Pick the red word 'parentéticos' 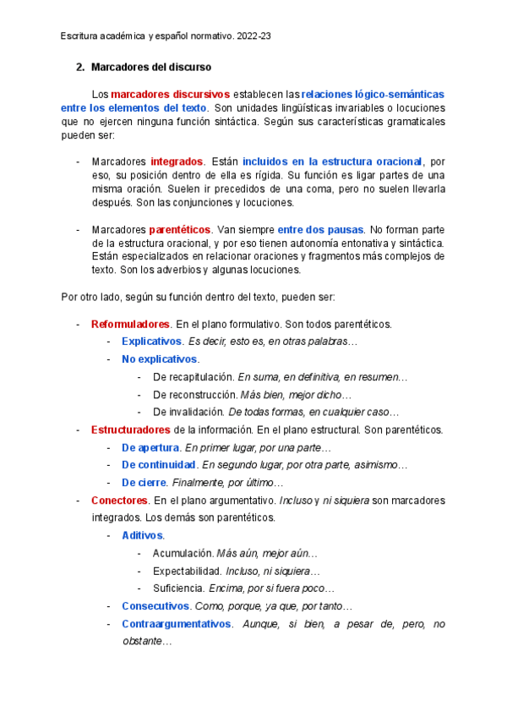point(180,230)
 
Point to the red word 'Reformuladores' point(130,324)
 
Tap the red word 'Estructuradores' point(131,430)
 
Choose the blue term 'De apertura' point(150,447)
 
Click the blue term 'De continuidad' point(159,465)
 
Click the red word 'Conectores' point(120,501)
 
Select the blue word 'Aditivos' point(143,535)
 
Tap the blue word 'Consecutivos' point(155,606)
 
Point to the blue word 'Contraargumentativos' point(176,624)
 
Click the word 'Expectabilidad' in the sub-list point(187,571)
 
